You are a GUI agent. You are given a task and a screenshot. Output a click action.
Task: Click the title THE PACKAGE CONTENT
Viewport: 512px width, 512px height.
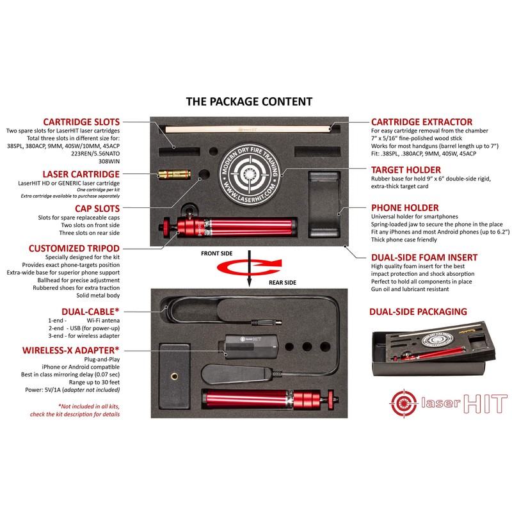pos(249,101)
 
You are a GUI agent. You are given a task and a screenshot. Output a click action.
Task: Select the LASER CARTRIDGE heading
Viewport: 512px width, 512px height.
pos(81,173)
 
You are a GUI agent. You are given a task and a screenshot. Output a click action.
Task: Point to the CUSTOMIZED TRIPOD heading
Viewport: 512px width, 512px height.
pos(74,248)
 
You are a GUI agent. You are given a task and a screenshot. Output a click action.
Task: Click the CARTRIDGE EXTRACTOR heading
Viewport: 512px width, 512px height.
pos(422,122)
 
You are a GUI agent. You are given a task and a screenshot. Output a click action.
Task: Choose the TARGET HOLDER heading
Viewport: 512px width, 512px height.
pos(408,170)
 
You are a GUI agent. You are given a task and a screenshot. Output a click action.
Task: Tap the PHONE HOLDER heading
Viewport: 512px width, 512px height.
pos(405,207)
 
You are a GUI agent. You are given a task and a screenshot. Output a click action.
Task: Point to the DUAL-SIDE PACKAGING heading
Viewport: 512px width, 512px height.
pos(418,312)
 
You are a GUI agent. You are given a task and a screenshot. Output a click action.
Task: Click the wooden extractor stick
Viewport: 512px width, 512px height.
pos(250,129)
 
